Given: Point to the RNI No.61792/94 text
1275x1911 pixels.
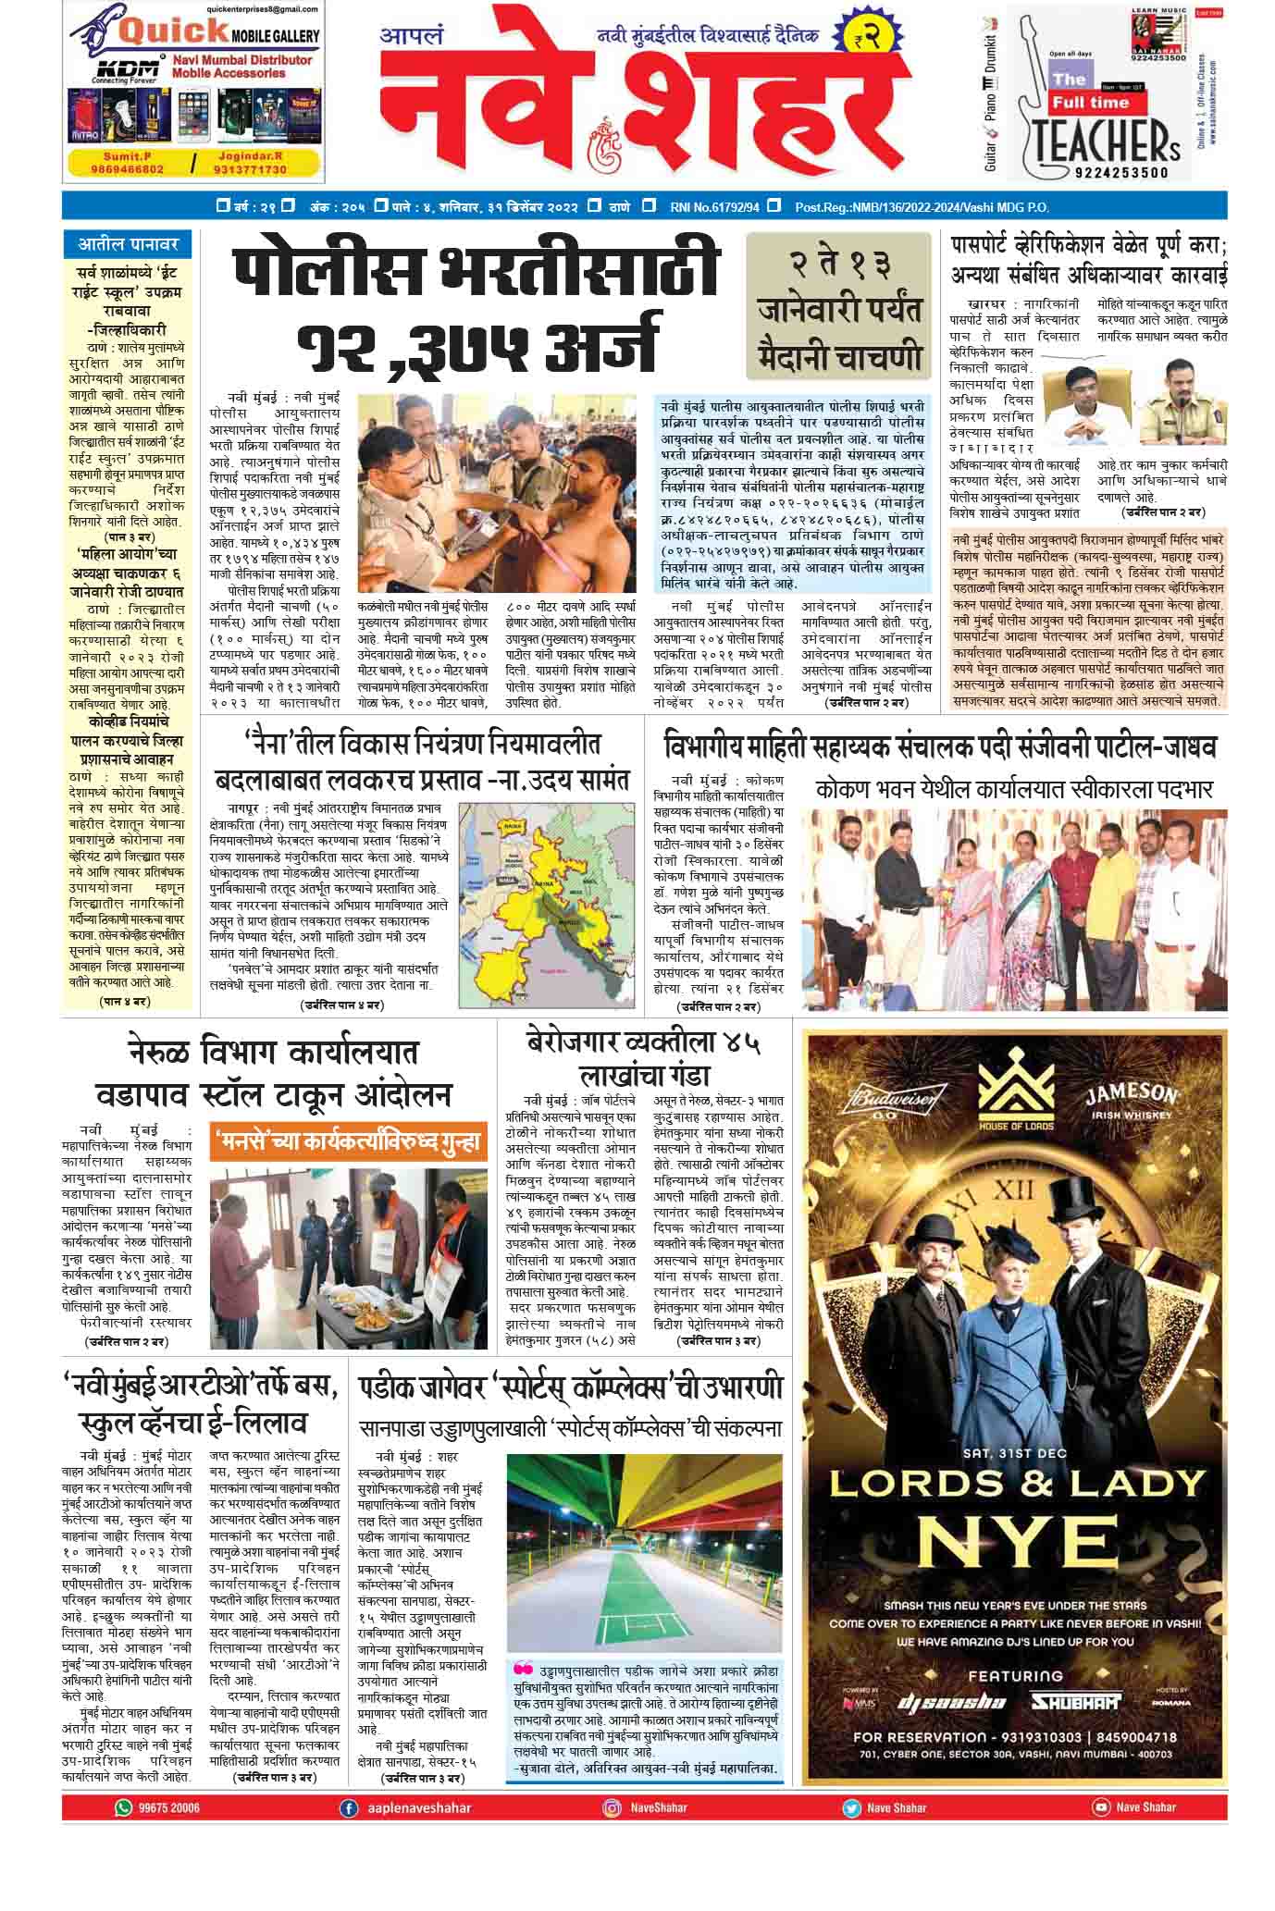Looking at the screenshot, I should click(x=713, y=207).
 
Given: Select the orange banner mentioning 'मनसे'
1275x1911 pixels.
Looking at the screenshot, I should click(x=347, y=1142).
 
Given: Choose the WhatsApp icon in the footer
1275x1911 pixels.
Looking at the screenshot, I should click(x=124, y=1806).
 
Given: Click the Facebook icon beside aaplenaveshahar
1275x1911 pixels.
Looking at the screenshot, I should click(x=349, y=1807).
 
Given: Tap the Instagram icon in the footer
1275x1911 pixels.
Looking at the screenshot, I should click(x=612, y=1807).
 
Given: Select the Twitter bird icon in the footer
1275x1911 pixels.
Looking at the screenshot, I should click(x=851, y=1807).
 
